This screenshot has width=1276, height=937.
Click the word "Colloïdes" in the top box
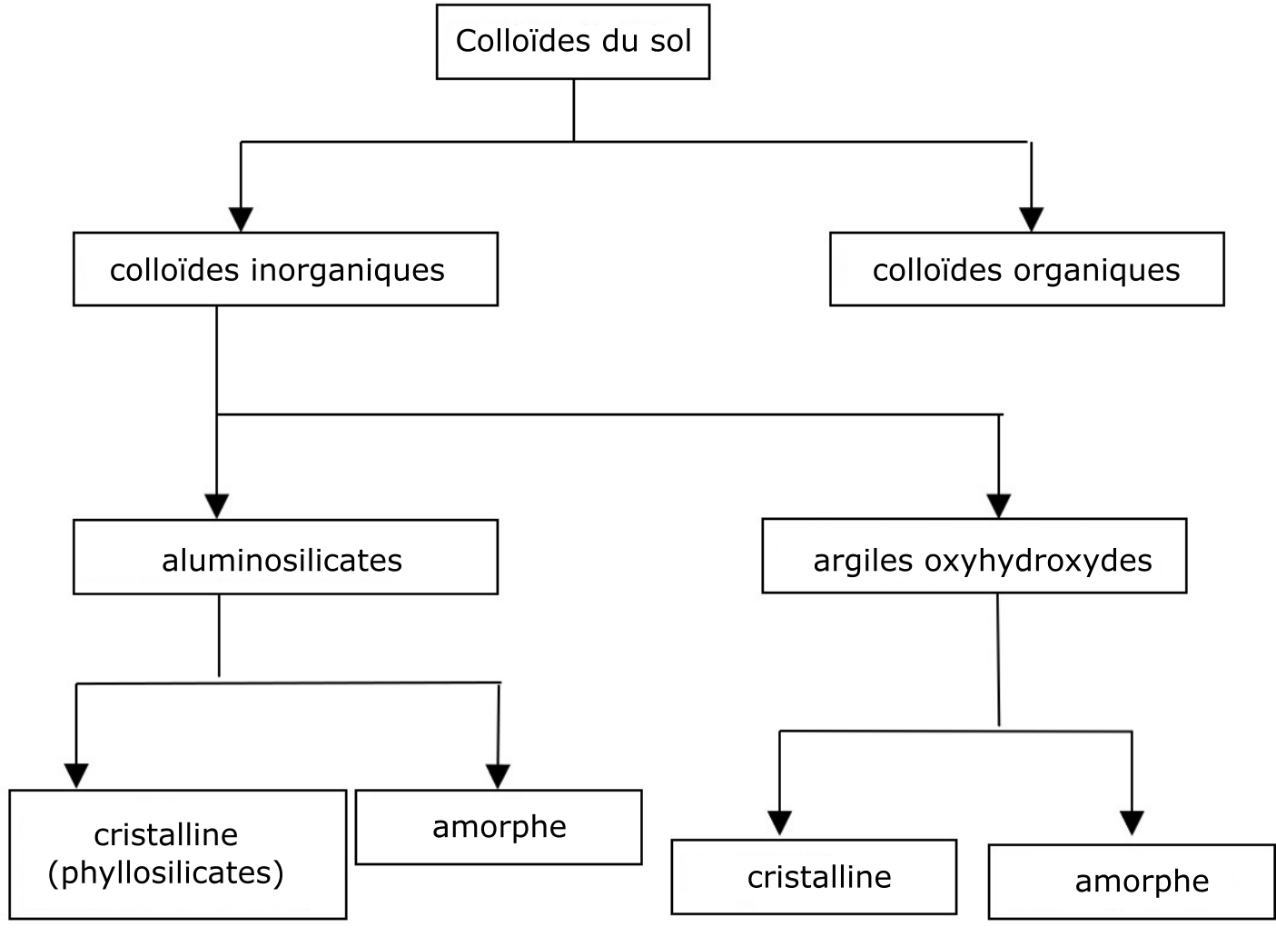coord(523,41)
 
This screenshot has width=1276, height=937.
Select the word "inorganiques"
coord(348,271)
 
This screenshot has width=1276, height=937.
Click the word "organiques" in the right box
coord(1096,271)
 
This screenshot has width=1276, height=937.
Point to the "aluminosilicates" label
coord(282,560)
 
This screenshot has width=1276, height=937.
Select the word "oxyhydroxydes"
coord(1038,562)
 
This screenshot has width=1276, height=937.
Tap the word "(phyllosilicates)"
coord(166,872)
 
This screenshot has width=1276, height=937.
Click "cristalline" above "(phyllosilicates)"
coord(166,835)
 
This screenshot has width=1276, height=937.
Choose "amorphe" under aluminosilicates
coord(500,828)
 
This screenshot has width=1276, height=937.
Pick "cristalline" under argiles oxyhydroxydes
coord(819,877)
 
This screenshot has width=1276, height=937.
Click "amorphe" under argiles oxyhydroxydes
coord(1142,882)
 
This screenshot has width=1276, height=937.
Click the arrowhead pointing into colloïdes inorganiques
coord(241,219)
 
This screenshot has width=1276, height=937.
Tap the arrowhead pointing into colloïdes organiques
coord(1031,219)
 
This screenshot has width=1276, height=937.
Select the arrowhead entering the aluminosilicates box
coord(216,506)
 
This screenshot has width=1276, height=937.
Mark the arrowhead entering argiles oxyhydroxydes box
coord(999,506)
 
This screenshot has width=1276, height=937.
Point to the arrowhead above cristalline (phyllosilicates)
coord(76,776)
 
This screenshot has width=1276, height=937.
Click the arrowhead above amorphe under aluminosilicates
coord(498,776)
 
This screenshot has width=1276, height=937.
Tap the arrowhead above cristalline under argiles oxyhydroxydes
coord(779,823)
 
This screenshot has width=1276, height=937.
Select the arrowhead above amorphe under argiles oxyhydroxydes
coord(1132,823)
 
